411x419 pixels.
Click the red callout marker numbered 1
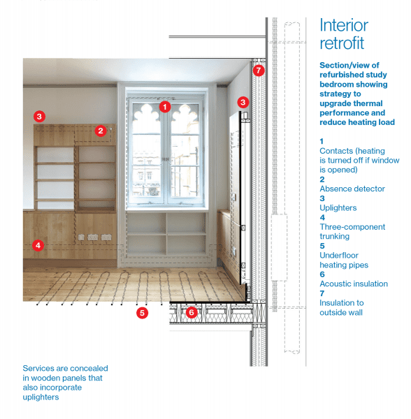pyautogui.click(x=165, y=107)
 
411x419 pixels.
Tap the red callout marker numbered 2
pyautogui.click(x=101, y=131)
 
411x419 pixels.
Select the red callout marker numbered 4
pyautogui.click(x=38, y=245)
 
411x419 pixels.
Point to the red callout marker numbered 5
pyautogui.click(x=143, y=313)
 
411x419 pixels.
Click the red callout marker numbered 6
pyautogui.click(x=192, y=312)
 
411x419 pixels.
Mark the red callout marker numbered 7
pyautogui.click(x=259, y=71)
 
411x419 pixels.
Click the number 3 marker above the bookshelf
pyautogui.click(x=39, y=117)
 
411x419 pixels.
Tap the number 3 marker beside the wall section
pyautogui.click(x=243, y=102)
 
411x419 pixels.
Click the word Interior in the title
pyautogui.click(x=344, y=25)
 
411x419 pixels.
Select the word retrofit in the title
pyautogui.click(x=342, y=43)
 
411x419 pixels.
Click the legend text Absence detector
pyautogui.click(x=352, y=189)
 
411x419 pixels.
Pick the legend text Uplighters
pyautogui.click(x=338, y=208)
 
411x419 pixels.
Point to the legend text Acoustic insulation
pyautogui.click(x=354, y=284)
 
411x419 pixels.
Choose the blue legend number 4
pyautogui.click(x=322, y=217)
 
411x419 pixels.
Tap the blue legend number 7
pyautogui.click(x=322, y=293)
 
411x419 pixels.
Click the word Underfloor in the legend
pyautogui.click(x=339, y=256)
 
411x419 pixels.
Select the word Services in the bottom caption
pyautogui.click(x=40, y=369)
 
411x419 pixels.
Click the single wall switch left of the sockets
pyautogui.click(x=81, y=237)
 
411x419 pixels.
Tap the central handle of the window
pyautogui.click(x=166, y=159)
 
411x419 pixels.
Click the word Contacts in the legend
pyautogui.click(x=336, y=151)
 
